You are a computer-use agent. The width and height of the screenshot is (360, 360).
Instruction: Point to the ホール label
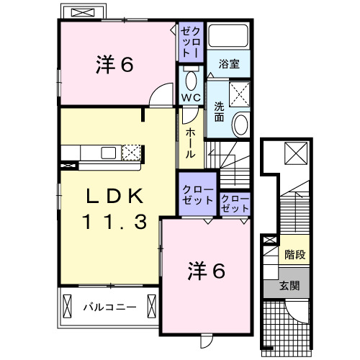click(190, 143)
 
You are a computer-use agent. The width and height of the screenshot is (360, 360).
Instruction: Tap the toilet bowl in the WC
click(190, 79)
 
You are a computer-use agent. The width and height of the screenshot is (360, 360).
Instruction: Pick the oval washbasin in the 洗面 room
click(240, 124)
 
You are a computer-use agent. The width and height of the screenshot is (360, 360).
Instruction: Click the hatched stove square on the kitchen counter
click(131, 151)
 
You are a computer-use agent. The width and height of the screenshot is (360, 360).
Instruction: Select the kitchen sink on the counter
click(109, 152)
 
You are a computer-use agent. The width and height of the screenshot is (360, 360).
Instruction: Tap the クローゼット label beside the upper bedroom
click(192, 41)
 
